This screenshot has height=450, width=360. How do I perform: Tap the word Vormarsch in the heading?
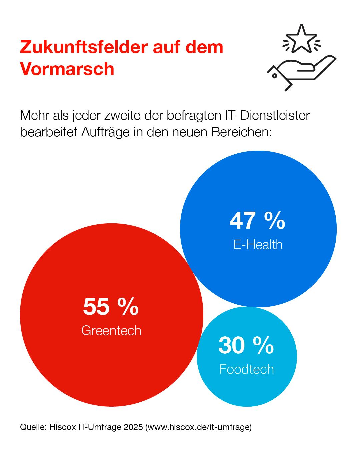click(67, 69)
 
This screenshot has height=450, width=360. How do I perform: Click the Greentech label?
click(111, 331)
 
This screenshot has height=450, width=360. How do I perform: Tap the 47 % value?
click(257, 220)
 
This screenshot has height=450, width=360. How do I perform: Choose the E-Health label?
click(258, 245)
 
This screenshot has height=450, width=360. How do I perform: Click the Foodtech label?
click(246, 369)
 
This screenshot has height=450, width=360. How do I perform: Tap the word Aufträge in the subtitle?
click(105, 132)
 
